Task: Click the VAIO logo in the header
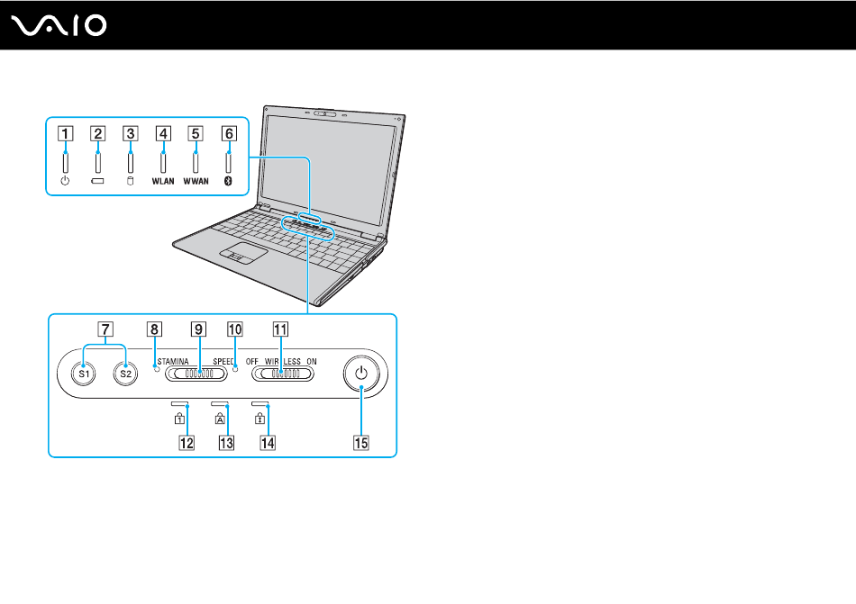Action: click(59, 25)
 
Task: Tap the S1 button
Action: click(84, 374)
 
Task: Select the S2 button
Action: click(125, 374)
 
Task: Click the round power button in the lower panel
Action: click(360, 374)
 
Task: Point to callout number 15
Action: click(361, 443)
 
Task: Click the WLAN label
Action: click(163, 181)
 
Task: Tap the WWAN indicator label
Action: click(196, 181)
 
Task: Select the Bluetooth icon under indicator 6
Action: click(228, 181)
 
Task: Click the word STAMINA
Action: click(173, 362)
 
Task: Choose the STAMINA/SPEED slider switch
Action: click(196, 374)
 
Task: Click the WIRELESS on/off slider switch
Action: click(283, 374)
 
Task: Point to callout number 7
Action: click(105, 329)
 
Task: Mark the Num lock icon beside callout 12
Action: click(179, 419)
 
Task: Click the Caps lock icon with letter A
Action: click(220, 419)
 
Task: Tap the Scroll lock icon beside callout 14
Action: click(260, 419)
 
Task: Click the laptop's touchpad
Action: click(244, 254)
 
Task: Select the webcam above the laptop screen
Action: click(324, 114)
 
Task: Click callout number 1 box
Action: click(66, 133)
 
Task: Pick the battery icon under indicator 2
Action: click(97, 181)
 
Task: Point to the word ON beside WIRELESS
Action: click(311, 362)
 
